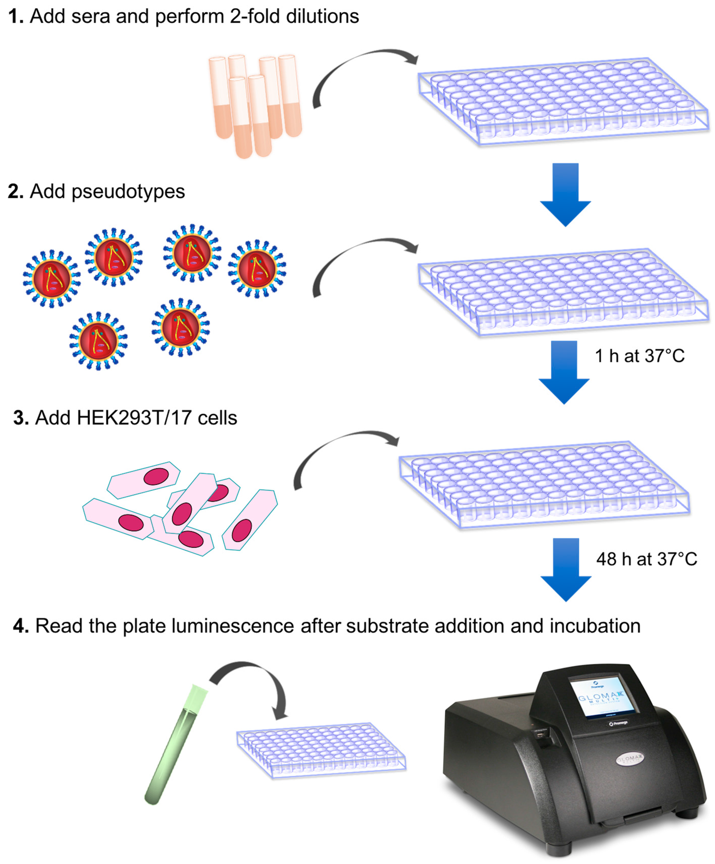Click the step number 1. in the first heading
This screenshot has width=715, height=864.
click(16, 16)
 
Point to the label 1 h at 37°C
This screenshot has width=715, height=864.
click(639, 356)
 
